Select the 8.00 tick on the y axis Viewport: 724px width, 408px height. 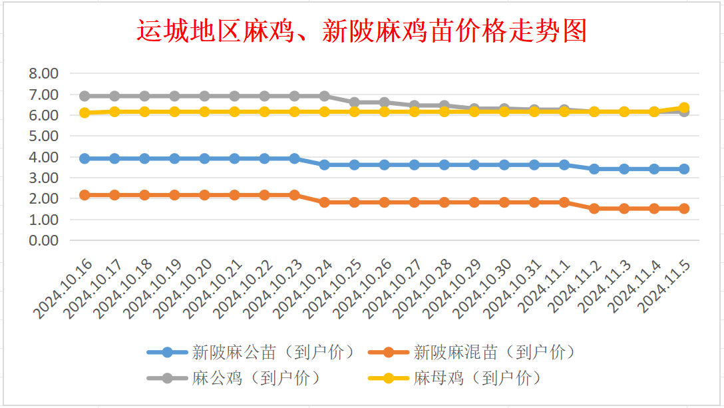[x=44, y=73]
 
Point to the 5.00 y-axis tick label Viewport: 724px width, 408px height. [x=44, y=136]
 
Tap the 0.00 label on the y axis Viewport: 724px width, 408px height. [x=44, y=240]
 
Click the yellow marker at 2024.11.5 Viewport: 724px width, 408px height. [x=683, y=107]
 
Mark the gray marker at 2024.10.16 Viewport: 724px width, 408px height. [x=85, y=97]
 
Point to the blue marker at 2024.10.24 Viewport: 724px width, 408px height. [x=324, y=164]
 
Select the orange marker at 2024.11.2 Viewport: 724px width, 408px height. [x=594, y=208]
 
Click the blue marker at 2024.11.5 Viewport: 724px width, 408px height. [x=683, y=169]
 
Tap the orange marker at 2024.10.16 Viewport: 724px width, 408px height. [x=85, y=195]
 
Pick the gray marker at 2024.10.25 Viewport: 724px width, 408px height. [x=354, y=102]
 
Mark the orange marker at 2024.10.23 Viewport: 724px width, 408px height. [x=294, y=195]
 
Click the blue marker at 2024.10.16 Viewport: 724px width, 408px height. [x=85, y=158]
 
